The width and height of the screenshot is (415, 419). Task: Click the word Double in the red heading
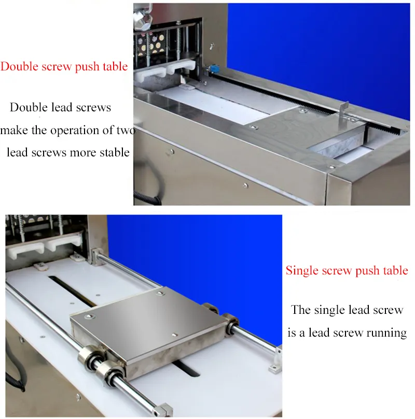19,66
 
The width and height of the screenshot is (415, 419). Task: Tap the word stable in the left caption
115,152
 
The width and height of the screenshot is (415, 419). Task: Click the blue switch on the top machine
213,68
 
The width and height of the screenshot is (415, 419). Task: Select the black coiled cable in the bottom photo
16,368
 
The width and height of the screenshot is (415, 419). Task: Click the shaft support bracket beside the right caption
276,360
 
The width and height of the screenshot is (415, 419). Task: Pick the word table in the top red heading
116,66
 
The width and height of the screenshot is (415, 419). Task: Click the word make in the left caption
14,131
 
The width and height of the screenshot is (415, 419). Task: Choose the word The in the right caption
300,310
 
